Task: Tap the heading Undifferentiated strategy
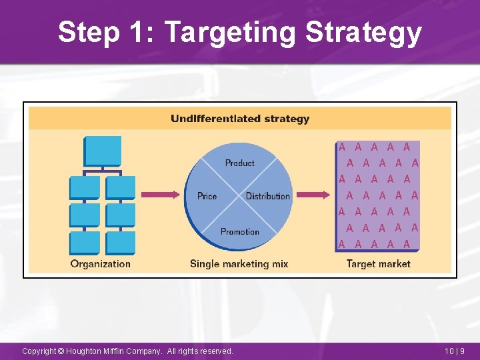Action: coord(240,119)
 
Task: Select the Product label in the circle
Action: coord(239,163)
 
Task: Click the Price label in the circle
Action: coord(207,196)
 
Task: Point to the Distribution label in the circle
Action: coord(268,196)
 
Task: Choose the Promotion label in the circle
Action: coord(239,231)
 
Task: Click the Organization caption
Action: coord(101,263)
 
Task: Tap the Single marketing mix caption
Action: coord(239,263)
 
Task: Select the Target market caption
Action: coord(378,263)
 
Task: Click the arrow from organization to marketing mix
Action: coord(162,195)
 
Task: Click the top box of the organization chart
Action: coord(102,151)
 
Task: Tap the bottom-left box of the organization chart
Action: coord(85,242)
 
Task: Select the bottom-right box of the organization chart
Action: coord(120,242)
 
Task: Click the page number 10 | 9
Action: coord(455,351)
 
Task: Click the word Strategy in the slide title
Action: coord(363,32)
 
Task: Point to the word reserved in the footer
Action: coord(214,351)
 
